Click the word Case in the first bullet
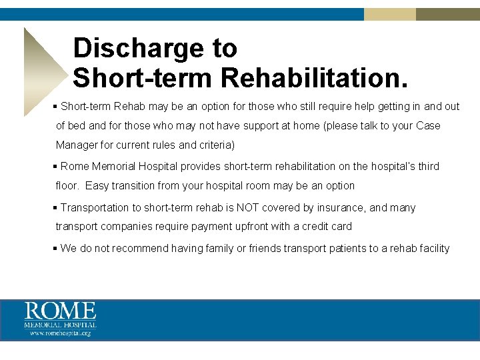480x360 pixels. pyautogui.click(x=428, y=125)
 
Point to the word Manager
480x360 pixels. pyautogui.click(x=77, y=145)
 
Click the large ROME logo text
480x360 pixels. pyautogui.click(x=61, y=312)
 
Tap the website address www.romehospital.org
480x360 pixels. pyautogui.click(x=61, y=333)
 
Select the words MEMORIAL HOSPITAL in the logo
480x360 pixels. pyautogui.click(x=61, y=325)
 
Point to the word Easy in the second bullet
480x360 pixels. pyautogui.click(x=96, y=186)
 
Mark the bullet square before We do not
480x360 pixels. pyautogui.click(x=56, y=249)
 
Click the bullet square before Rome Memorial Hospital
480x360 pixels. pyautogui.click(x=56, y=167)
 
